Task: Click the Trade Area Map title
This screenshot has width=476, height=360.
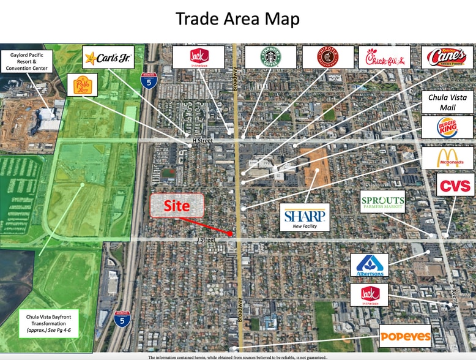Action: [x=238, y=18]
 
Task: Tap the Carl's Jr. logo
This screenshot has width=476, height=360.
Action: [x=108, y=57]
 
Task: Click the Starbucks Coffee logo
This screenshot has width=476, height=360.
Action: [x=270, y=57]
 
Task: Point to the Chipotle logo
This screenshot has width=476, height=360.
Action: [x=327, y=57]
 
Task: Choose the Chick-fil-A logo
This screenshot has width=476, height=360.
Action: [x=385, y=57]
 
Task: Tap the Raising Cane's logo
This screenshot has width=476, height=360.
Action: [x=447, y=57]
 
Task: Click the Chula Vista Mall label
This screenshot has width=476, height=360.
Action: [x=448, y=103]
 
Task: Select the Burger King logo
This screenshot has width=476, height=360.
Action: [x=447, y=127]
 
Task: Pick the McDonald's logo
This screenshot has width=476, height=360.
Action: [x=447, y=158]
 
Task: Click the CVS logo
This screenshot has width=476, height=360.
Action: [x=456, y=185]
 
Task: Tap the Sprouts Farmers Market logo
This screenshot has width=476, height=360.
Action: [x=382, y=201]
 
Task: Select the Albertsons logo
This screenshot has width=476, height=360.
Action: [x=370, y=265]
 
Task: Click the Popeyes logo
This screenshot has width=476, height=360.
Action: [x=405, y=336]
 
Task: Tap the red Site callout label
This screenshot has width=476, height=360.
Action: [x=177, y=206]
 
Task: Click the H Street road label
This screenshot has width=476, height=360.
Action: [x=201, y=141]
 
